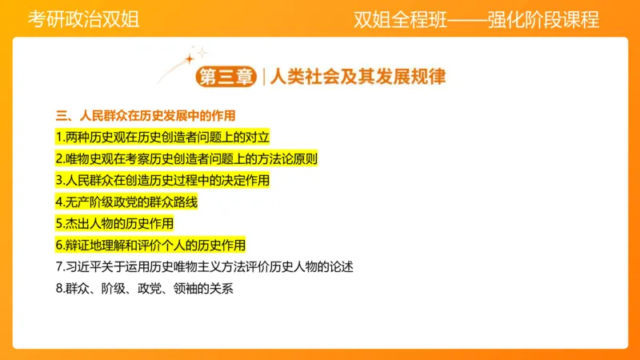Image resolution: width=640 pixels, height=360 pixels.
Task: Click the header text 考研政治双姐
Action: click(83, 20)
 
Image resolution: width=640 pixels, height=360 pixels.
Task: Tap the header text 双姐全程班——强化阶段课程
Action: click(476, 20)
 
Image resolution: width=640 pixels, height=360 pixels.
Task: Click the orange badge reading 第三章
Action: click(226, 77)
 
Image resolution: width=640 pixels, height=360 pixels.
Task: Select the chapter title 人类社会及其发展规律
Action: click(358, 77)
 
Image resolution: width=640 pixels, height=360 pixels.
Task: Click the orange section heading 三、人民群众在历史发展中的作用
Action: click(146, 115)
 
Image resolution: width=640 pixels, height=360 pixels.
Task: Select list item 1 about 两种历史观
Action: click(157, 137)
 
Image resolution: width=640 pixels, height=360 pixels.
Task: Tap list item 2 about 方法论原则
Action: click(186, 158)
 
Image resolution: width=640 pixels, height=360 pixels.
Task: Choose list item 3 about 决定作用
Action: click(162, 180)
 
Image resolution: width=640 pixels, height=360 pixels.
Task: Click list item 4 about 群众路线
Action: click(126, 202)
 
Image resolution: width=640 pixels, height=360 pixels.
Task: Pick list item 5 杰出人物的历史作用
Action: click(114, 223)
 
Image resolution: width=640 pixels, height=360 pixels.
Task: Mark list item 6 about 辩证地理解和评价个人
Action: click(150, 245)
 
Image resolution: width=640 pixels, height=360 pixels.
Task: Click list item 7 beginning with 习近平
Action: click(204, 266)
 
